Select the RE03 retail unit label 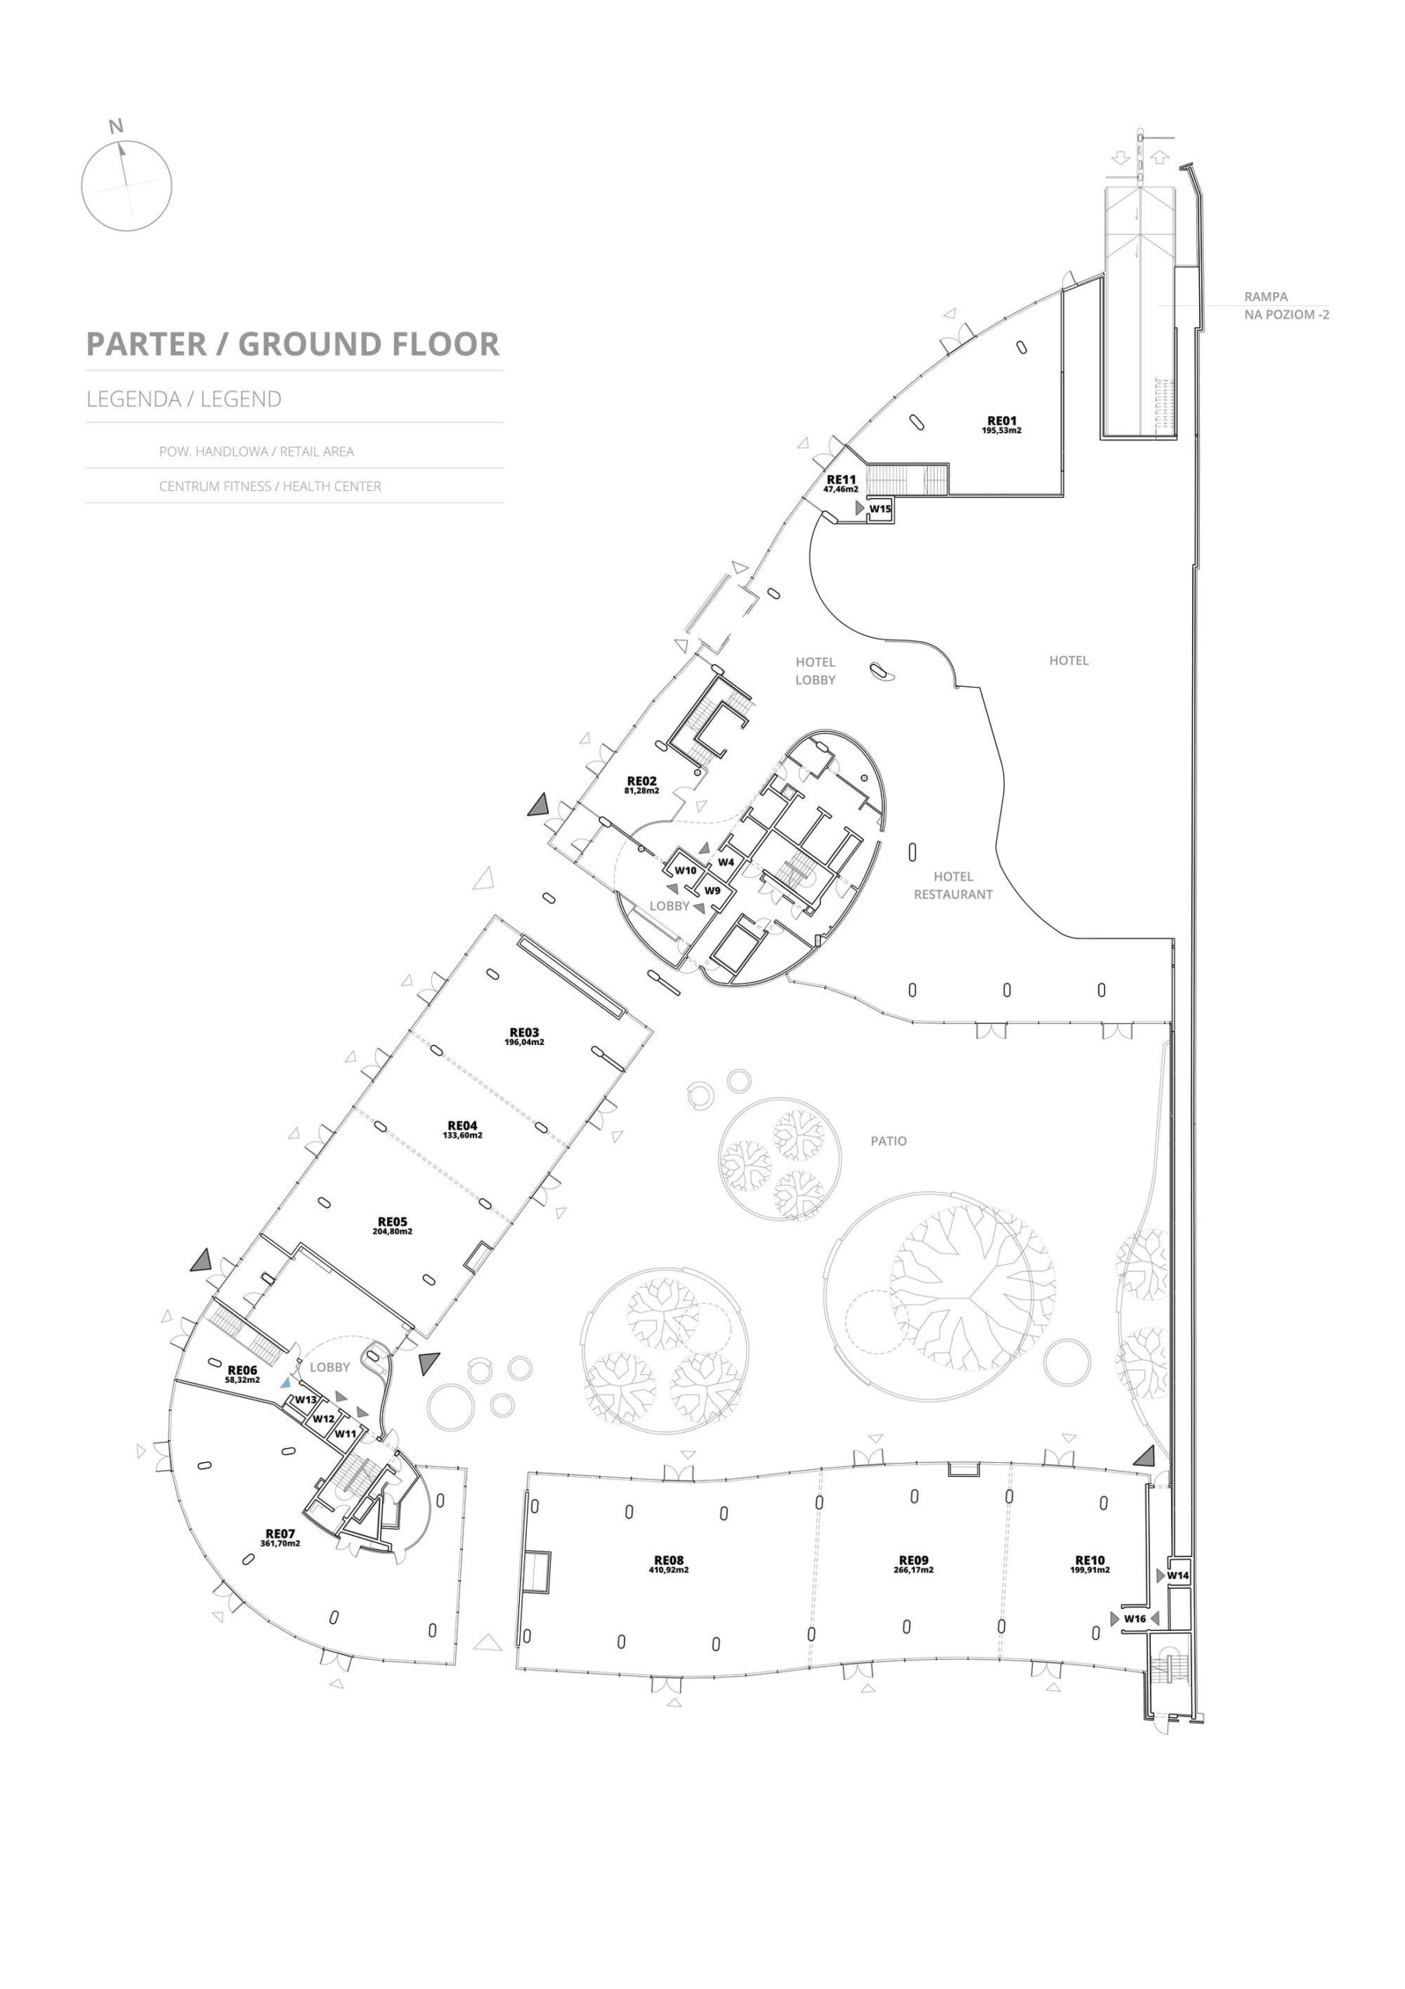(x=524, y=1032)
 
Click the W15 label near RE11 (x=880, y=510)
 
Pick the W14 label (x=1177, y=1575)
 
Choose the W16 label (x=1135, y=1618)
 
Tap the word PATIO (x=889, y=1141)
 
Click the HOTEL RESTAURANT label (x=953, y=886)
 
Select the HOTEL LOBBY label (x=815, y=671)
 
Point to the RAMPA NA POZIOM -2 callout (x=1285, y=306)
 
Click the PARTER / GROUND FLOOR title (x=293, y=344)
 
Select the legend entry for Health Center (x=270, y=486)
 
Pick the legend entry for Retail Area (x=256, y=451)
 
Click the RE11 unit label (x=841, y=479)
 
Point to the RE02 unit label (x=642, y=781)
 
